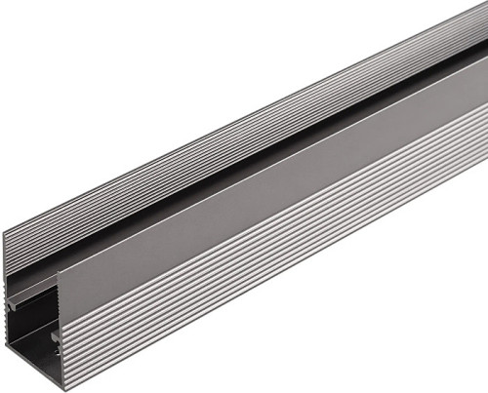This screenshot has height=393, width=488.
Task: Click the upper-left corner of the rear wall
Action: point(4,232)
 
